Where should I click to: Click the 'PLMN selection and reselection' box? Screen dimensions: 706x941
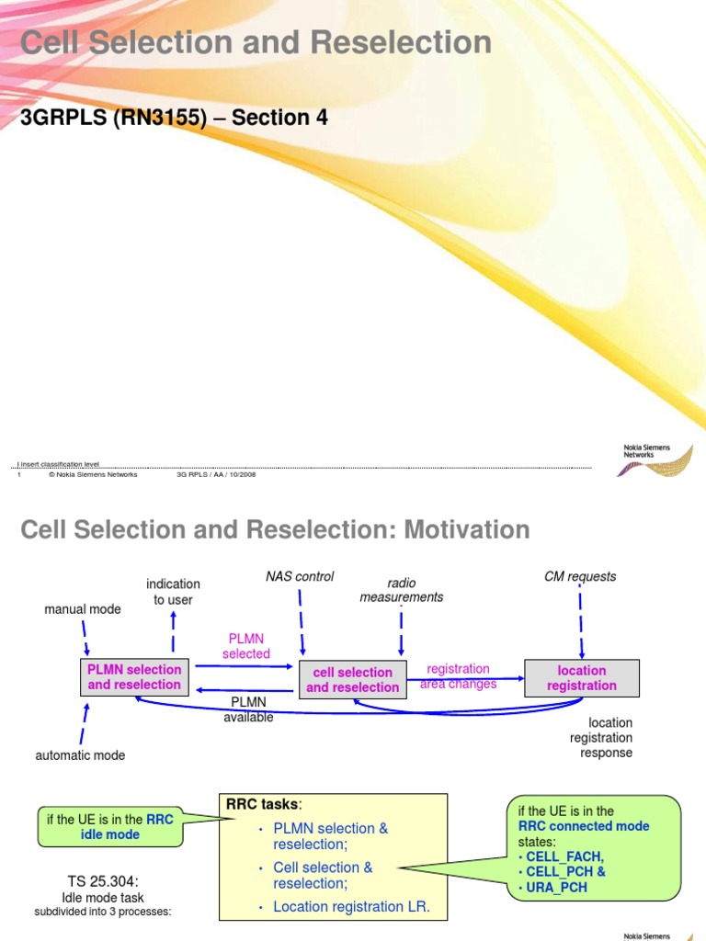(134, 677)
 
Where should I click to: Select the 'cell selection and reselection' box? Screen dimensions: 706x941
(353, 680)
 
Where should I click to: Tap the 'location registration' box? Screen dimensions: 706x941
(581, 678)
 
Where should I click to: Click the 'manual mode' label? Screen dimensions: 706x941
(83, 609)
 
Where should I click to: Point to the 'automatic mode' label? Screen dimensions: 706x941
(80, 755)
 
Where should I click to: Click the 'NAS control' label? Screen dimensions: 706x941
(300, 577)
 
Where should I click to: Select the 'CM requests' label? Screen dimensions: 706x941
(580, 577)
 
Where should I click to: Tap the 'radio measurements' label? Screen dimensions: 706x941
(401, 590)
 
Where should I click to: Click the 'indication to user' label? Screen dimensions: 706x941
(173, 592)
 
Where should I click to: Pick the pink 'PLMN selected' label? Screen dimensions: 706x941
(246, 647)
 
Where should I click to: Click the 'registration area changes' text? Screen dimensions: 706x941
(458, 676)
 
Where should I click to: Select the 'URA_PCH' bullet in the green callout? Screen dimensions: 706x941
(554, 888)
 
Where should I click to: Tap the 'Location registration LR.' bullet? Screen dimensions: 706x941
(352, 908)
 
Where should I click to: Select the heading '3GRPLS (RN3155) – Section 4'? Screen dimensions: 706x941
(175, 118)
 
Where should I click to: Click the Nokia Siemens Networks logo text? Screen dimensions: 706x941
(647, 451)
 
